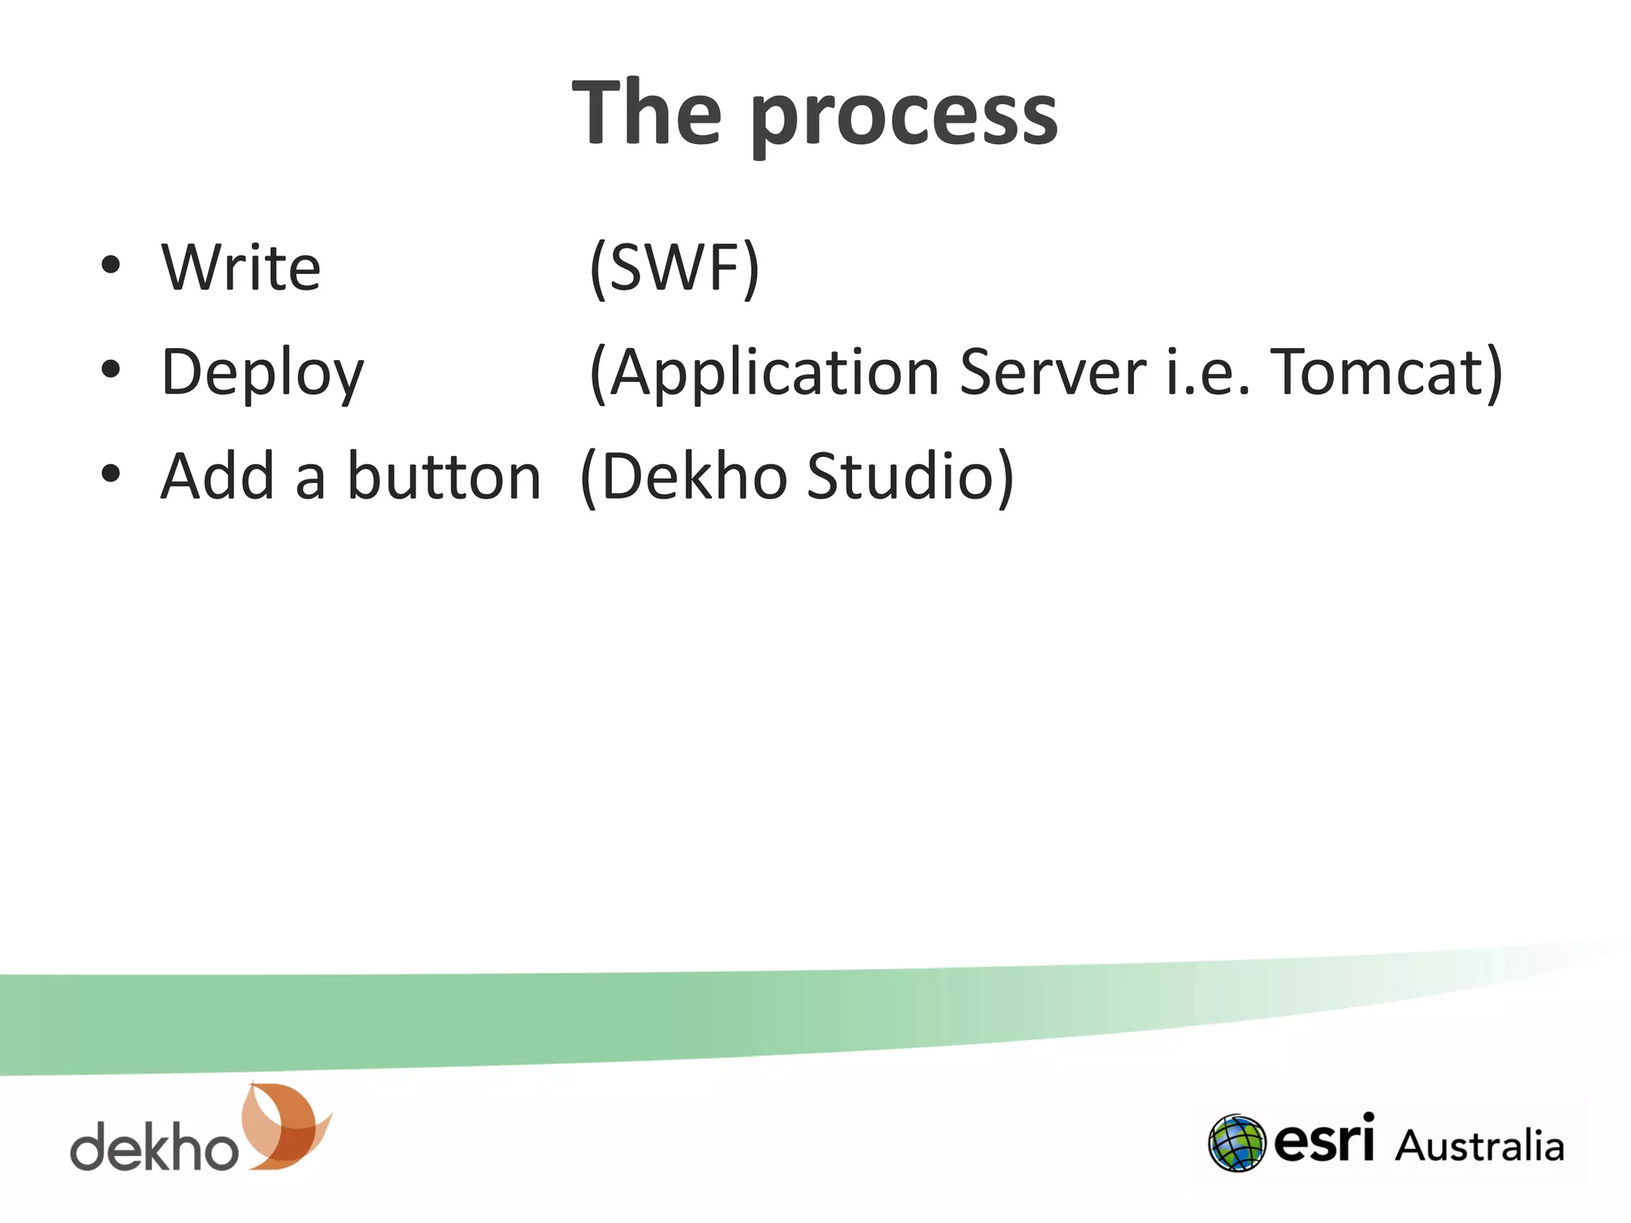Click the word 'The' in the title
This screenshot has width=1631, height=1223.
647,114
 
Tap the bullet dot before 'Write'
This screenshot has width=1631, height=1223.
111,265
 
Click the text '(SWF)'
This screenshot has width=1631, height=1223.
675,268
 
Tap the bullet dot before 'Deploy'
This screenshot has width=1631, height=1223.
111,369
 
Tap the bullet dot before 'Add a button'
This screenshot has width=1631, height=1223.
111,474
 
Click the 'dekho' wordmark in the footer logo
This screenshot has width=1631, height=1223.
154,1147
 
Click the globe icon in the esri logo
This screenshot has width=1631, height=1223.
1236,1143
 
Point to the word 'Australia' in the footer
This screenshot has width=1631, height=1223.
1479,1146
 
